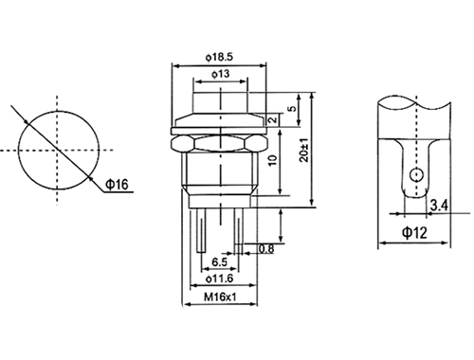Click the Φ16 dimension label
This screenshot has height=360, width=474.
(117, 184)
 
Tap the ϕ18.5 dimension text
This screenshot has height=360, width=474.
(219, 58)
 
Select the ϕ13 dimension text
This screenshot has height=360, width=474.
(221, 74)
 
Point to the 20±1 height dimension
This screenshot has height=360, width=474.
(304, 151)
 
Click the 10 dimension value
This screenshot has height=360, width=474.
(273, 160)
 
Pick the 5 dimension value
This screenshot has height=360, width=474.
(293, 108)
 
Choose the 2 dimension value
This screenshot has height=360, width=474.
(273, 119)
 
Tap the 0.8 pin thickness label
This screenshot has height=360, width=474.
(266, 249)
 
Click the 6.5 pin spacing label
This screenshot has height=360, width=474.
(219, 261)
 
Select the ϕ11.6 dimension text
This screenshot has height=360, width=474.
(220, 279)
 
